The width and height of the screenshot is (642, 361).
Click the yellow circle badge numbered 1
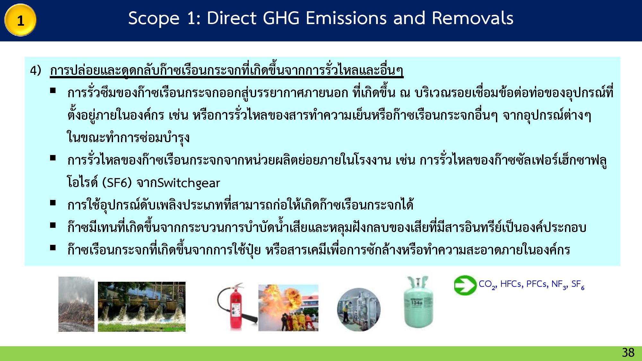tap(20, 20)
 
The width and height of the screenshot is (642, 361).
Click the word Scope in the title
tap(154, 18)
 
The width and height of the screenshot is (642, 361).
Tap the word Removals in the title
tap(473, 18)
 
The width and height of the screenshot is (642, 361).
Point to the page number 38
tap(628, 353)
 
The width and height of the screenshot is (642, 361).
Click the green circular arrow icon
tap(465, 285)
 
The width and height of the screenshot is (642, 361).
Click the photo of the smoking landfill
tap(76, 304)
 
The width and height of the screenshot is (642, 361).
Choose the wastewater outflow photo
tap(142, 306)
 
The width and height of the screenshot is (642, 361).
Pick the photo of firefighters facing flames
tap(288, 308)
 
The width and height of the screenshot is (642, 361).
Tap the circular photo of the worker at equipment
tap(359, 309)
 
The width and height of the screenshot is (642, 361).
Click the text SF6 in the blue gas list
tap(578, 284)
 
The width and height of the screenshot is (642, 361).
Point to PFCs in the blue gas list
tap(537, 284)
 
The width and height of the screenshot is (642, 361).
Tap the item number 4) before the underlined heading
tap(36, 71)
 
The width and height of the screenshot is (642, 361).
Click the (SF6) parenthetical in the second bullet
tap(117, 183)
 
